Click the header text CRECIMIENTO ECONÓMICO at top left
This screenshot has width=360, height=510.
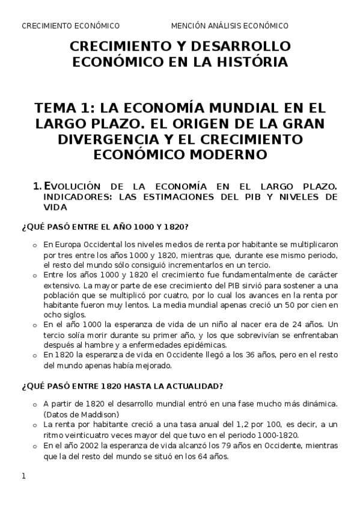click(70, 26)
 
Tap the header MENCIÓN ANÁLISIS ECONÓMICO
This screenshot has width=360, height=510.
click(230, 26)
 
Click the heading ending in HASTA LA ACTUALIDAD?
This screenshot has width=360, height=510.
click(123, 386)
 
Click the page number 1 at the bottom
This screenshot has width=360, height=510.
click(23, 477)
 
